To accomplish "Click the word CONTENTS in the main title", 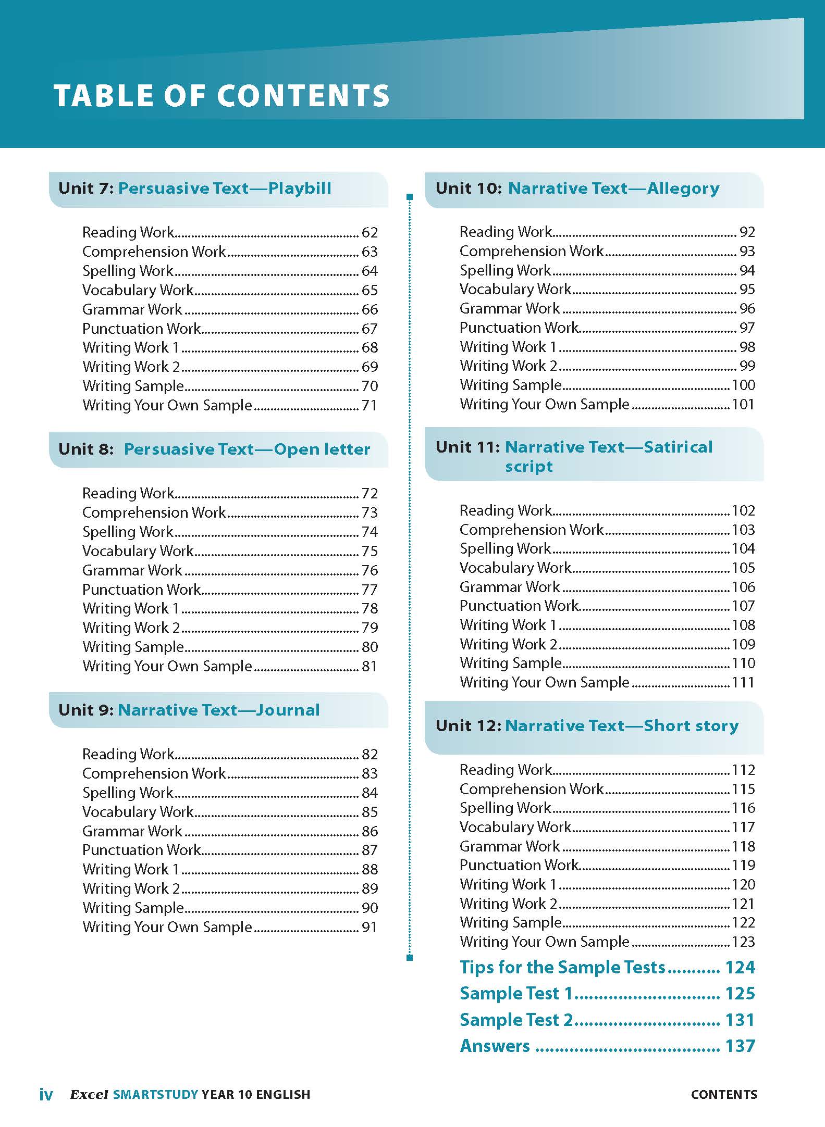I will tap(303, 96).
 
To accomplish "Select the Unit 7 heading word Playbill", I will tap(300, 188).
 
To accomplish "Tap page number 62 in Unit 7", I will tap(370, 232).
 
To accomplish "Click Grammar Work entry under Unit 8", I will tap(132, 570).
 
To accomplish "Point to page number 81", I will tap(370, 666).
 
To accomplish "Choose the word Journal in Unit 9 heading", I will tap(288, 710).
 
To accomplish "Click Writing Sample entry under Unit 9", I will tap(133, 908).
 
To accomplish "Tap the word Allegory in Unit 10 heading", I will tap(683, 188).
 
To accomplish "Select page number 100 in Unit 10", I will tap(743, 385).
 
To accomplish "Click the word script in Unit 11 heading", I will tap(528, 467).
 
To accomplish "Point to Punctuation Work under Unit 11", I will tap(519, 606).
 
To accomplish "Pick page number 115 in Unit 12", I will tap(743, 789).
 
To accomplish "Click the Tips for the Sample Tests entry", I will tap(563, 967).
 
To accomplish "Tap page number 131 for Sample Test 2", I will tap(740, 1020).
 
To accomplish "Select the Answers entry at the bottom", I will tap(495, 1046).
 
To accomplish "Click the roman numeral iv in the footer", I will tap(46, 1095).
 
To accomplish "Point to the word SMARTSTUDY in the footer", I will tap(155, 1095).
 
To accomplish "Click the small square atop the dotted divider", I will tap(410, 197).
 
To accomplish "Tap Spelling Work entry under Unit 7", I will tap(128, 271).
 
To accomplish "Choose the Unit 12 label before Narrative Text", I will tap(468, 725).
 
